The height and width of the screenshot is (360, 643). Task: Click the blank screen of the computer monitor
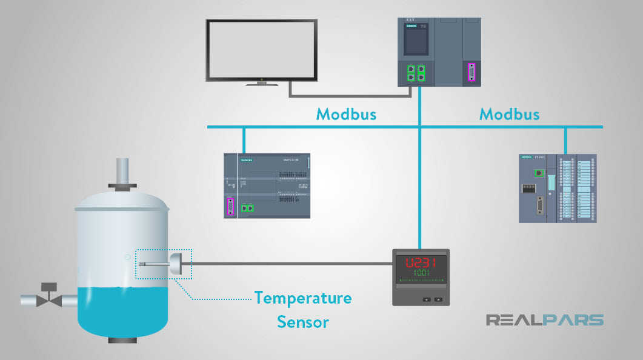tap(261, 49)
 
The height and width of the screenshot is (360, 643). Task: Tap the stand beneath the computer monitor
tap(262, 82)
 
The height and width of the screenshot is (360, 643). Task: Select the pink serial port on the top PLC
tap(471, 73)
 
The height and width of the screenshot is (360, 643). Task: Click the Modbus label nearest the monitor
tap(346, 114)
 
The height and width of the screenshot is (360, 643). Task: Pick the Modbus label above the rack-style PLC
tap(509, 114)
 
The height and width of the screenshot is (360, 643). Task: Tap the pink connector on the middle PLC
tap(230, 207)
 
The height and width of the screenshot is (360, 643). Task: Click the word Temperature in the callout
tap(302, 298)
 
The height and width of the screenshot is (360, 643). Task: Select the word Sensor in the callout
tap(302, 321)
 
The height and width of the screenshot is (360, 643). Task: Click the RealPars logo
tap(544, 320)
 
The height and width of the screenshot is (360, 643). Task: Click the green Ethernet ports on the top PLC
tap(416, 73)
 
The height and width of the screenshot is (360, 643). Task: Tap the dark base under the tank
tap(122, 339)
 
